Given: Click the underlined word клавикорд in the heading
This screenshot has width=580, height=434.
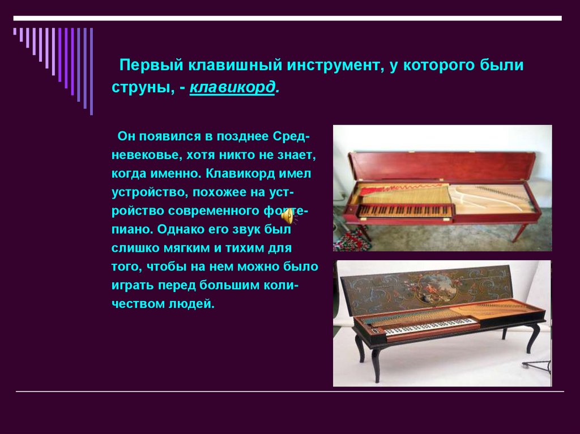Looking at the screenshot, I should (x=232, y=88).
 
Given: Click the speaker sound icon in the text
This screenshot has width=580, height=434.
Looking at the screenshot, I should (x=289, y=216).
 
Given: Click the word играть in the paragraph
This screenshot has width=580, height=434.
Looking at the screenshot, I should (x=131, y=285).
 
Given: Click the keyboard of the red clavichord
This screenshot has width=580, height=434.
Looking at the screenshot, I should (x=405, y=210).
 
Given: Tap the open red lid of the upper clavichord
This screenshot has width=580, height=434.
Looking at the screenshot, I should (x=442, y=166).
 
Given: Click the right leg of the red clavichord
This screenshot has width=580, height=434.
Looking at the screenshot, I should (x=518, y=231).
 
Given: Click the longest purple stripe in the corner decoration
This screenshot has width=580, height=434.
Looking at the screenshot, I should (x=91, y=71).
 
